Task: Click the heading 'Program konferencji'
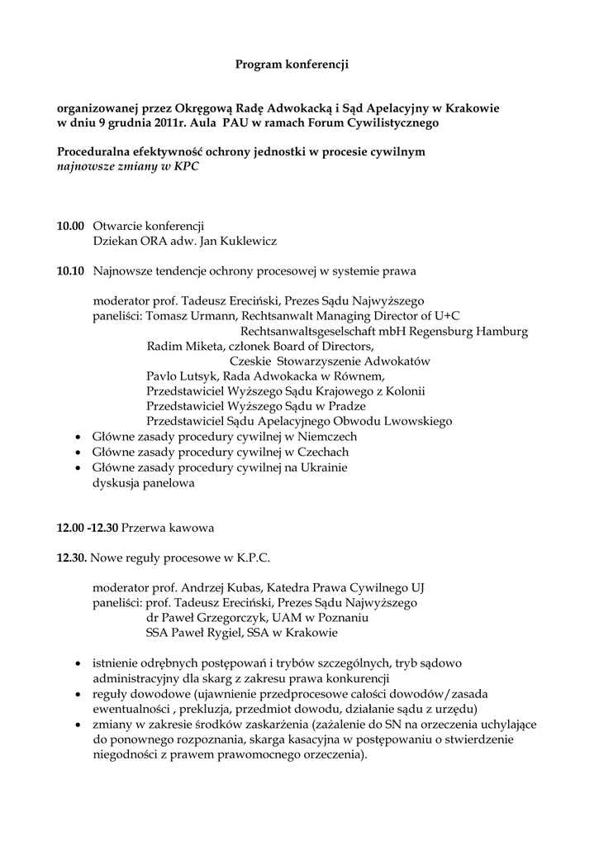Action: coord(292,64)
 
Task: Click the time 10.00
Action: coord(70,226)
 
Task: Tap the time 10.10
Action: coord(70,270)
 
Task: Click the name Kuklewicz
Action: coord(245,242)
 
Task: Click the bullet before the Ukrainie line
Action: coord(78,468)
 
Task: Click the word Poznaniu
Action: coord(340,618)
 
